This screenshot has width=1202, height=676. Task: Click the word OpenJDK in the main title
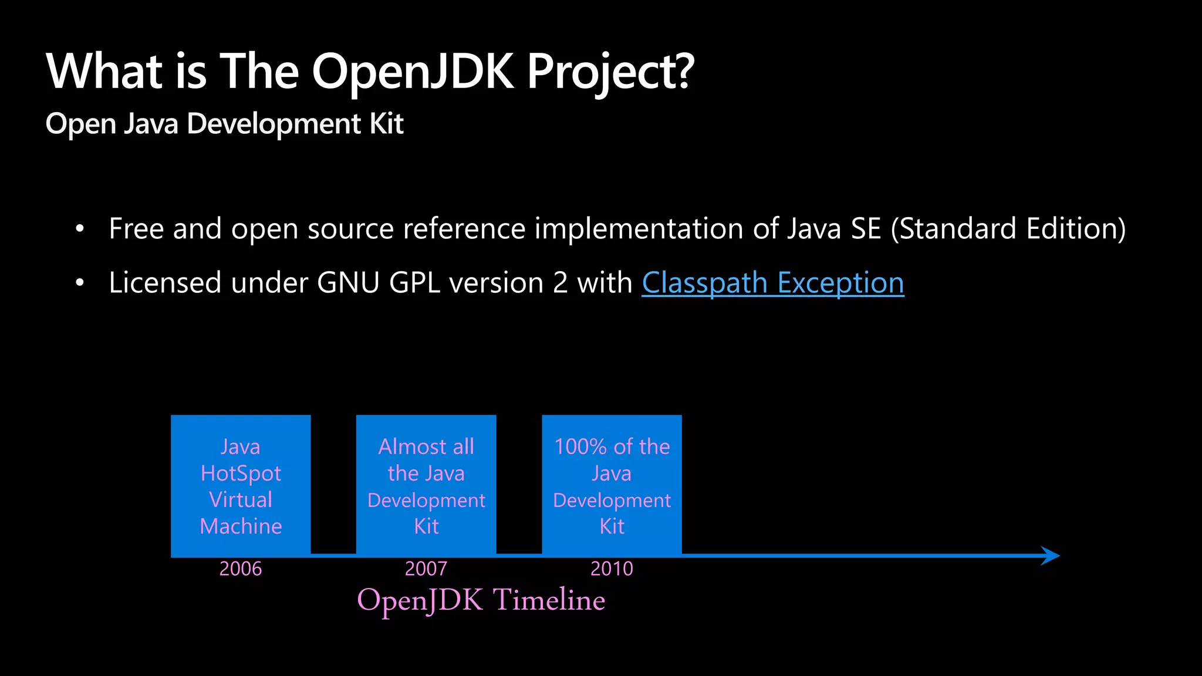(413, 72)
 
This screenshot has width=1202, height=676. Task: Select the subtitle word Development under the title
(274, 124)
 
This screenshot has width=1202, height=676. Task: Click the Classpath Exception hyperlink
(772, 283)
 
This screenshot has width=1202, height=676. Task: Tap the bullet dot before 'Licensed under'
(80, 283)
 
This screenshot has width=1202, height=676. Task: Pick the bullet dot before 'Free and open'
(80, 229)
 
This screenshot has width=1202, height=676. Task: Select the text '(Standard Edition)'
(1008, 229)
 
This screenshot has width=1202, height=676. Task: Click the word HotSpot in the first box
(241, 474)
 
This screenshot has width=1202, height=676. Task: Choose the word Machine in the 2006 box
(241, 526)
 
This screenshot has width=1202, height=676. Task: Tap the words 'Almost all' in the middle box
(426, 447)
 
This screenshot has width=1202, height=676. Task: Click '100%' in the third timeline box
(580, 447)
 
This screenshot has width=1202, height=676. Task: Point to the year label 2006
(241, 569)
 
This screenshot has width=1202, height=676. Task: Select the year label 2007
(426, 569)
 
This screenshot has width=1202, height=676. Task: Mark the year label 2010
(612, 569)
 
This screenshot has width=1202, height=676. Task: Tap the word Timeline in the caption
(549, 600)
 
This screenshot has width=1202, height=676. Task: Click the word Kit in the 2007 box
(426, 526)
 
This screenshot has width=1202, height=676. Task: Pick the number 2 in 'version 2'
(560, 283)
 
